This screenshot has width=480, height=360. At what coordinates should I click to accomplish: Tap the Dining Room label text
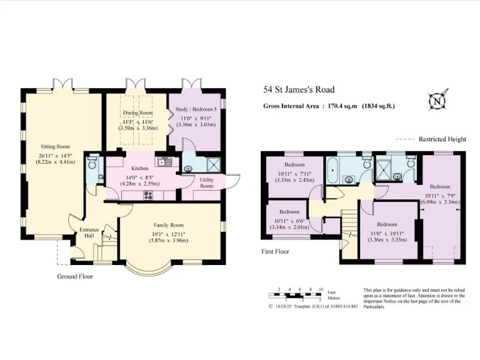[137, 112]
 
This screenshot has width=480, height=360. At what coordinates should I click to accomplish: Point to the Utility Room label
[207, 182]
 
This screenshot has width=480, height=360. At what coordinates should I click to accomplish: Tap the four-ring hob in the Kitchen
[148, 194]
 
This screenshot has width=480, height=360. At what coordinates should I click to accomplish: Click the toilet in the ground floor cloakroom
[92, 164]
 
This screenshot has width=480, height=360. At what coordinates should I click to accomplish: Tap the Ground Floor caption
[75, 276]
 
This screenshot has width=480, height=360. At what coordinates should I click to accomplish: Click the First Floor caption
[276, 251]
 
